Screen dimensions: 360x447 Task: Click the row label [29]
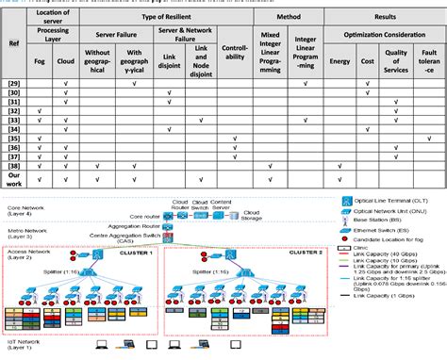tap(13, 85)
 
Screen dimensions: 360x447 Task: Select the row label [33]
tap(13, 120)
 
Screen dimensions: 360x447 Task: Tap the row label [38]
tap(13, 165)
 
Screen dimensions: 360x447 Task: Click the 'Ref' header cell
tap(13, 43)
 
